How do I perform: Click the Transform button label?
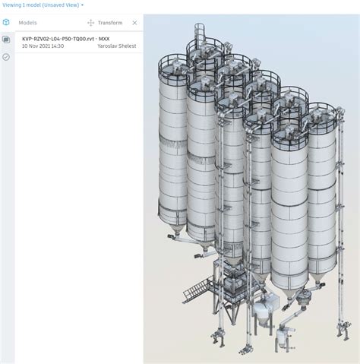click(x=110, y=23)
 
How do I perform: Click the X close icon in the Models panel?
click(x=134, y=23)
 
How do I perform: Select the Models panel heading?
click(x=27, y=23)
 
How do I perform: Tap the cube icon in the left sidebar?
click(x=6, y=22)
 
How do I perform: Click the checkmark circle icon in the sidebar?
click(x=6, y=57)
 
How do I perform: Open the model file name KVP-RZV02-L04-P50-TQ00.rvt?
click(x=58, y=39)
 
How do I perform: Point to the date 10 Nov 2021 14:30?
click(x=43, y=46)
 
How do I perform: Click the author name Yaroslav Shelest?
click(x=117, y=46)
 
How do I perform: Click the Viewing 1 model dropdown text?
click(x=41, y=5)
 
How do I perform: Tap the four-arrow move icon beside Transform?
click(x=90, y=23)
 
